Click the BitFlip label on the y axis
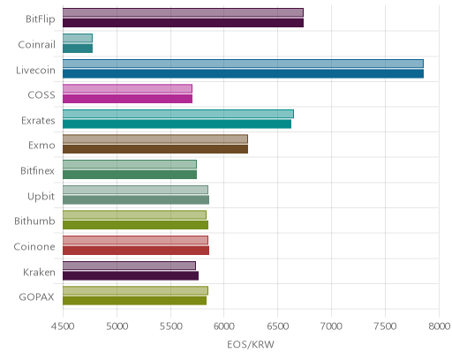(41, 19)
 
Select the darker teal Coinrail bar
(78, 49)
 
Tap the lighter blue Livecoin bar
(243, 64)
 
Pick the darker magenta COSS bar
(127, 99)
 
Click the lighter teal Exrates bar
(178, 114)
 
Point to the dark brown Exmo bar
(155, 149)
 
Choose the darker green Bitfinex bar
(130, 175)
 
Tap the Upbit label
(41, 197)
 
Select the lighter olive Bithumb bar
(134, 215)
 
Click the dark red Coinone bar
(136, 251)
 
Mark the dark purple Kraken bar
(131, 276)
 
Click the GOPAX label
(36, 297)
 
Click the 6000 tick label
(224, 326)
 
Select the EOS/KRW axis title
(251, 344)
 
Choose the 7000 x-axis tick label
(331, 326)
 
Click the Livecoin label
(35, 71)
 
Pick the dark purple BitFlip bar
(183, 23)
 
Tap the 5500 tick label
(170, 326)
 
